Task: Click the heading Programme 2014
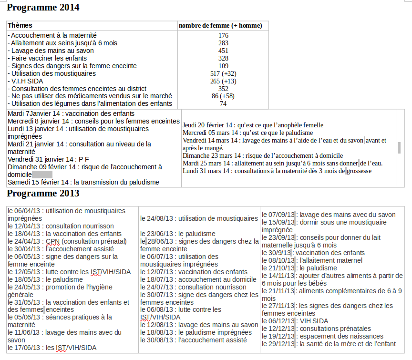pos(43,8)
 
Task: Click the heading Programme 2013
pos(43,193)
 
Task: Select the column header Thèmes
pos(20,25)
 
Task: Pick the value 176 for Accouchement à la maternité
pos(223,36)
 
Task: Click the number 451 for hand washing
pos(223,51)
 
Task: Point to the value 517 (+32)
pos(223,73)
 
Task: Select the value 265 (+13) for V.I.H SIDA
pos(223,81)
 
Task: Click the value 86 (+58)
pos(223,96)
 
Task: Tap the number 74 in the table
pos(223,104)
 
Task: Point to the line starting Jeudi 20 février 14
pos(253,125)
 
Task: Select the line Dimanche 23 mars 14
pos(263,155)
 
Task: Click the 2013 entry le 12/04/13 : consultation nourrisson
pos(61,226)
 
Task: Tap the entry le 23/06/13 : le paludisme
pos(178,234)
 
